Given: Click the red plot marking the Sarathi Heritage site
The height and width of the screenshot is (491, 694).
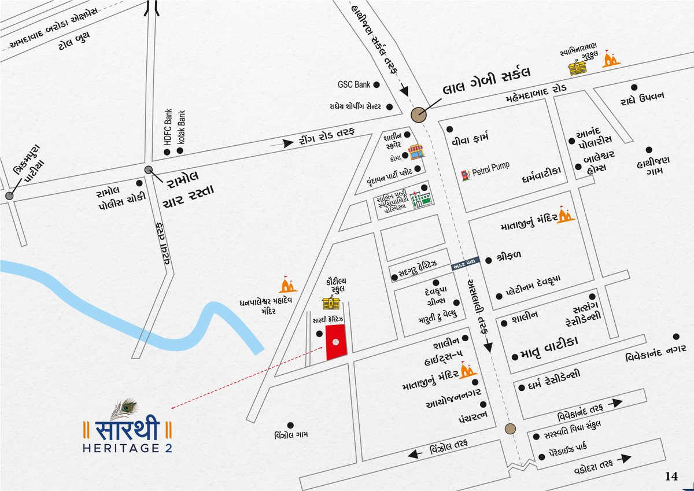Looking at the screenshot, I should coord(335,342).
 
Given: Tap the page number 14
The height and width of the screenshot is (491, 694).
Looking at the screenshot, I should coord(671,477).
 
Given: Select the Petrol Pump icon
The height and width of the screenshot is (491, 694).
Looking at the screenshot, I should coord(464,175).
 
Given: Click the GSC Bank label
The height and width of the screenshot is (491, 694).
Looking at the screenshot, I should coord(353,84).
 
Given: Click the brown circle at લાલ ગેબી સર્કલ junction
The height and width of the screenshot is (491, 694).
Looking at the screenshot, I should coord(418,115).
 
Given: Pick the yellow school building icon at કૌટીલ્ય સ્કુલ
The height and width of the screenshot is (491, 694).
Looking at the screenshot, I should coord(331,303).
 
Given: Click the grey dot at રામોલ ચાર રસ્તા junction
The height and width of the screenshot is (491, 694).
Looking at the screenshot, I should coord(149,169).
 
